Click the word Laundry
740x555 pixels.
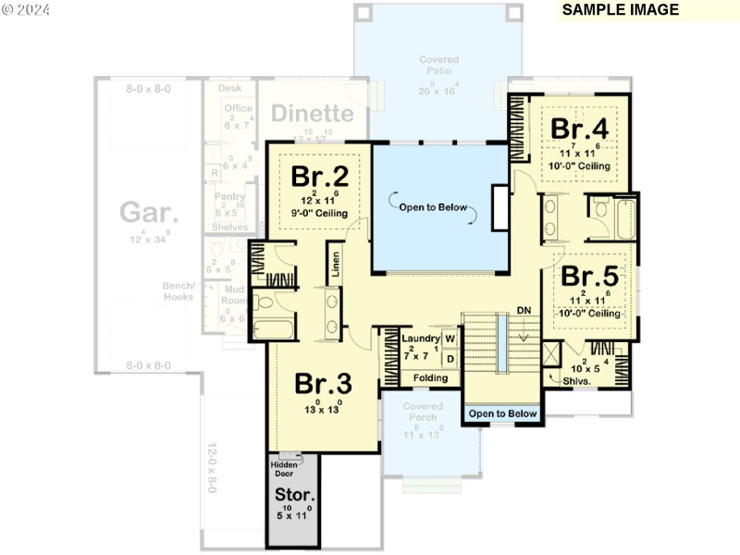[421, 339]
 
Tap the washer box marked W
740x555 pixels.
[450, 339]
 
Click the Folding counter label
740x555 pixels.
[430, 378]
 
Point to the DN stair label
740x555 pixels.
[524, 310]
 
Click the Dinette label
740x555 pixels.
[313, 114]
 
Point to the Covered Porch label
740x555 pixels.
[425, 411]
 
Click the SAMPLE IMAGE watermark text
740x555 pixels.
[620, 10]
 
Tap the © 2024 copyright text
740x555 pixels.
[27, 10]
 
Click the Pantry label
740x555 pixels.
[229, 196]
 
